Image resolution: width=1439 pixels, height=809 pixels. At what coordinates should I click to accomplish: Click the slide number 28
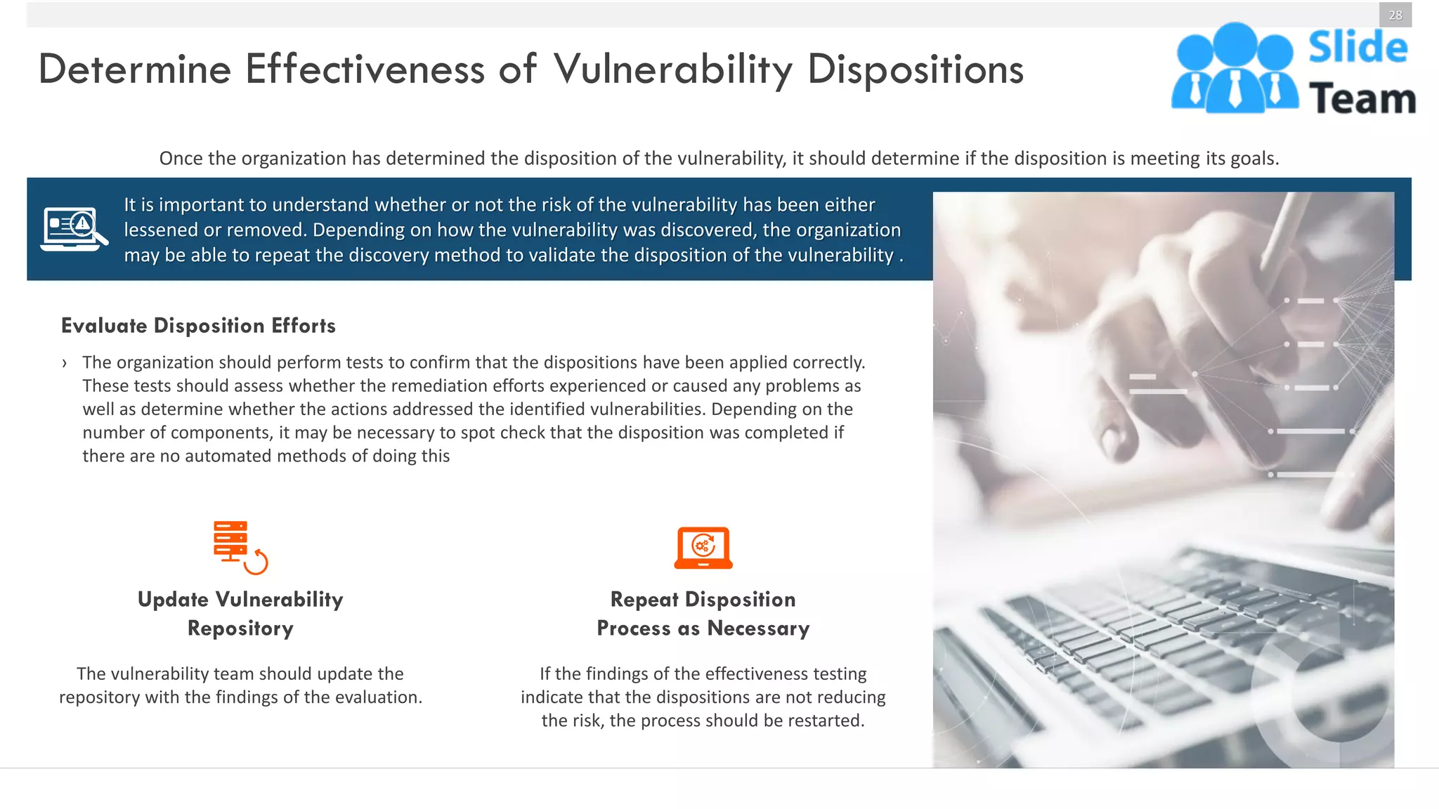tap(1395, 15)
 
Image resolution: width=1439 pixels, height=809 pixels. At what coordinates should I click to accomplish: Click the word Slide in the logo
tap(1357, 48)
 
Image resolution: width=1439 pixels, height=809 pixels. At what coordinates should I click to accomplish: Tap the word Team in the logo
tap(1362, 98)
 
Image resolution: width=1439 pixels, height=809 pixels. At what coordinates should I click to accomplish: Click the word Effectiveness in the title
tap(365, 70)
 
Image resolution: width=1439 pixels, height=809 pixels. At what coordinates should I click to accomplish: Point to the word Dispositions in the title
tap(915, 70)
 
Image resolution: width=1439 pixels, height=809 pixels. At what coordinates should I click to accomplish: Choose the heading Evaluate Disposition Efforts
tap(198, 326)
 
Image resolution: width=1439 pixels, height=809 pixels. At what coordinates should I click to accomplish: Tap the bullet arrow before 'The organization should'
tap(65, 363)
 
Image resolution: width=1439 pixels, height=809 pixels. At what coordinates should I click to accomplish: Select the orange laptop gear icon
tap(703, 548)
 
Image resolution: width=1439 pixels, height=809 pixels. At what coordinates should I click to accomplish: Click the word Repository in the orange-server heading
tap(240, 629)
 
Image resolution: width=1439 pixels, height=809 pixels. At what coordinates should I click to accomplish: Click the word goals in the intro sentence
tap(1254, 159)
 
